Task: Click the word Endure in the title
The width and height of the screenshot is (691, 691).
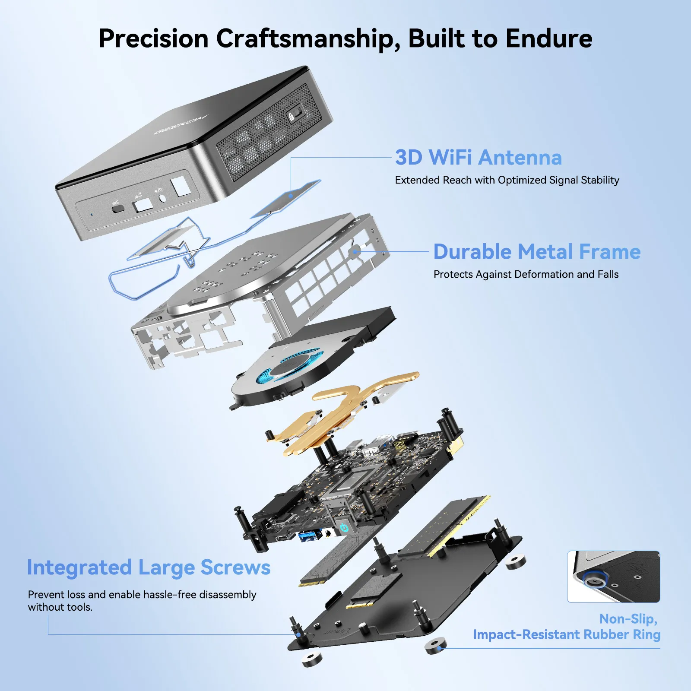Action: tap(549, 38)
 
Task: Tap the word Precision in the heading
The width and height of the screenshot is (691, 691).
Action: tap(154, 38)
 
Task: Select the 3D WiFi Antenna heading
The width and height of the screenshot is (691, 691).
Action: tap(479, 157)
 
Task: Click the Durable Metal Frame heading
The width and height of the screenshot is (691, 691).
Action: tap(537, 251)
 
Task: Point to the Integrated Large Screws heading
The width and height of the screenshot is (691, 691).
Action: tap(149, 567)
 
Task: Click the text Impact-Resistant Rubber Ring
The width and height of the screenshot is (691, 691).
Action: tap(567, 634)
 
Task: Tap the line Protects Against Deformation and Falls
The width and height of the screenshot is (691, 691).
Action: tap(526, 274)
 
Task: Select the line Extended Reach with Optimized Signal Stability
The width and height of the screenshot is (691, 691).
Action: tap(507, 180)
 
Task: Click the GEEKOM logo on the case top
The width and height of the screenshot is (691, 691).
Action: tap(181, 124)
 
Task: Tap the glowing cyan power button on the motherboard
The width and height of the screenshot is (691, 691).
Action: tap(344, 527)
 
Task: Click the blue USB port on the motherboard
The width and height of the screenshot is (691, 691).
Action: tap(309, 536)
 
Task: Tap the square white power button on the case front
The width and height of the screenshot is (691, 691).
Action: tap(181, 185)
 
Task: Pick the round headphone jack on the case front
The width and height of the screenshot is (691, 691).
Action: tap(163, 197)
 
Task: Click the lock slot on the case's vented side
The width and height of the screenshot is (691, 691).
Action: tap(295, 116)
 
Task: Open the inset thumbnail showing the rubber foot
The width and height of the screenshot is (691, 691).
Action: tap(613, 577)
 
